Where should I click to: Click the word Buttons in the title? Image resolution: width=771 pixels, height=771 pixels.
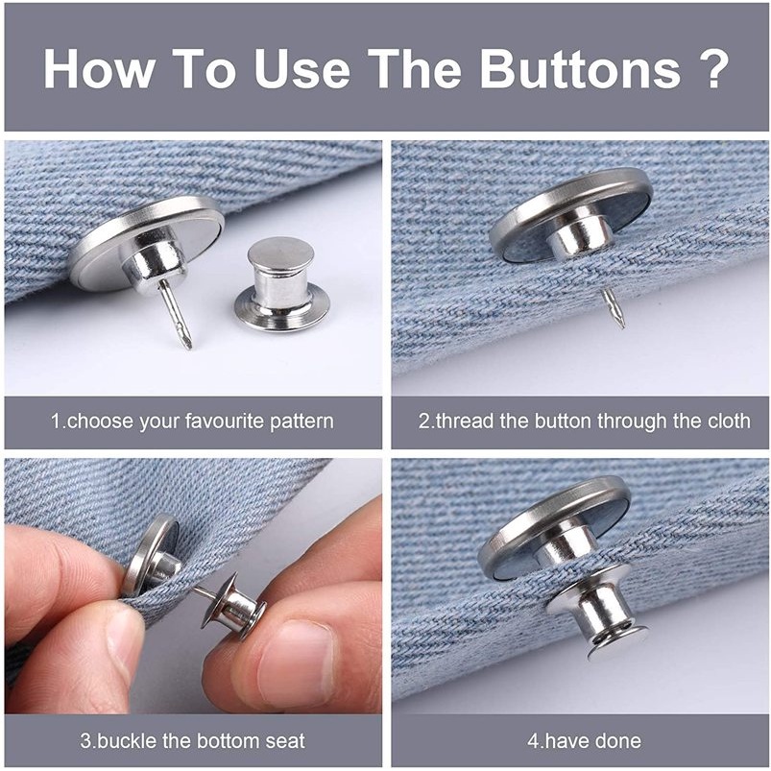[x=580, y=68]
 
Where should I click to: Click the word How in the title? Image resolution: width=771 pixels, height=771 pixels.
[x=98, y=68]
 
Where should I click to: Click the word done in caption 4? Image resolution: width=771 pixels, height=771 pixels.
[x=618, y=740]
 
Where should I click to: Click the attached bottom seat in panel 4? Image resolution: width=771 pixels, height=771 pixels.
[x=596, y=614]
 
